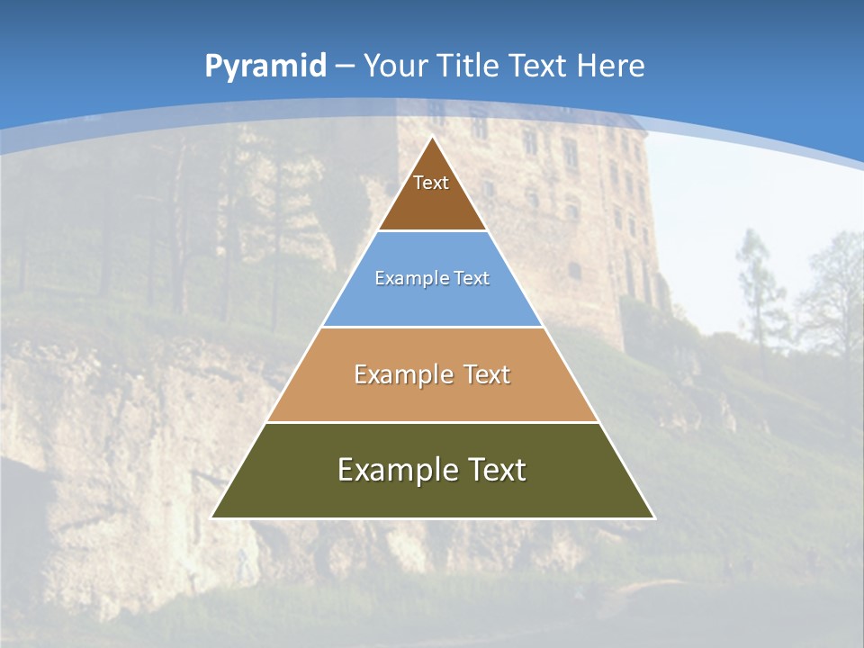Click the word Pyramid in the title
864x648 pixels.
(265, 67)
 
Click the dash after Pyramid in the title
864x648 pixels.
(345, 67)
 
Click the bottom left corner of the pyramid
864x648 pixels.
(213, 517)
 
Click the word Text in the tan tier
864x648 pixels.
(485, 374)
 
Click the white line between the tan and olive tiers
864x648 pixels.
(432, 422)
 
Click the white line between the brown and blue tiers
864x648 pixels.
(432, 230)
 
